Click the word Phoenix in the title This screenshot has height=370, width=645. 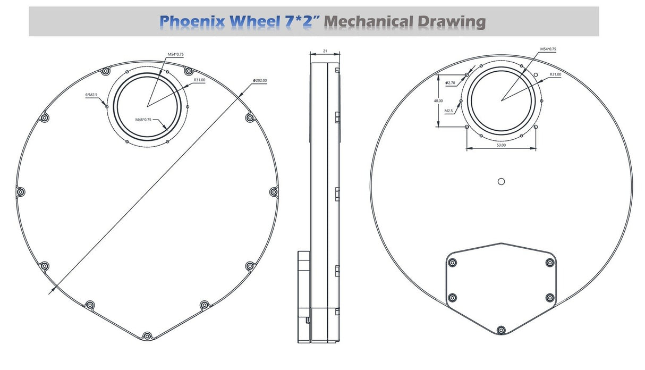[x=192, y=22]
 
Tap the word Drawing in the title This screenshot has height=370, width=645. [x=452, y=22]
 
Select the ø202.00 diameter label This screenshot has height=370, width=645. [x=260, y=80]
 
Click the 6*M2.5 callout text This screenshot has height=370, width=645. [x=91, y=95]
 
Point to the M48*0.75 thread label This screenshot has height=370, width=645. [x=143, y=120]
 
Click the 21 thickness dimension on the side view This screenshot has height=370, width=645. [x=325, y=51]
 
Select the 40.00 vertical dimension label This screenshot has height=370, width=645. [x=438, y=101]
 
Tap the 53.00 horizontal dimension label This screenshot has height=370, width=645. [x=501, y=145]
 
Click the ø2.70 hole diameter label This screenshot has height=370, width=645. [x=451, y=83]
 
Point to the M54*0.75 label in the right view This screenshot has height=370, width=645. [x=548, y=49]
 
